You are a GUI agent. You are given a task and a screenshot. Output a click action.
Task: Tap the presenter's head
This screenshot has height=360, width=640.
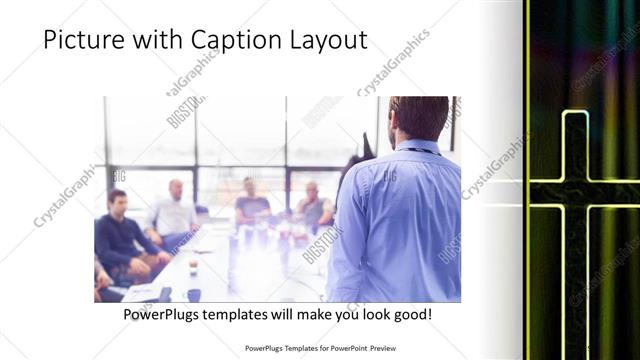tap(418, 117)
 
